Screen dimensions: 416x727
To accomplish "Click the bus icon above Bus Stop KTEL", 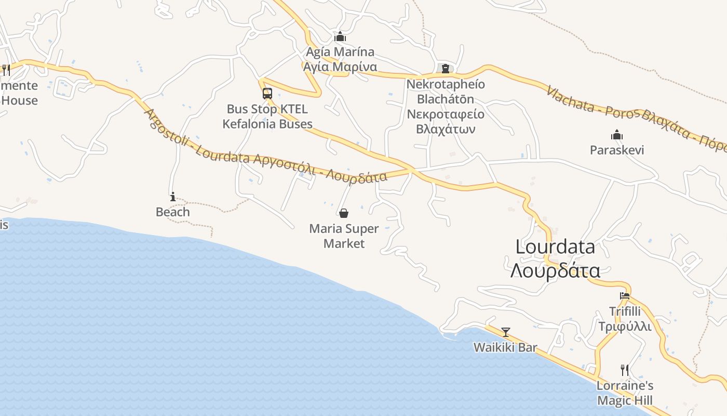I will pyautogui.click(x=267, y=94).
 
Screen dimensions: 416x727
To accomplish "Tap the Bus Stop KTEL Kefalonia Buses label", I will pyautogui.click(x=267, y=116).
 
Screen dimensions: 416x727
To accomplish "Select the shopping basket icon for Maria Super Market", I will pyautogui.click(x=343, y=213).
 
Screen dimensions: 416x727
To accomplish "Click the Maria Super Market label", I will pyautogui.click(x=344, y=236).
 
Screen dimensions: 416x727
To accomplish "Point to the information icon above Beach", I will pyautogui.click(x=173, y=197).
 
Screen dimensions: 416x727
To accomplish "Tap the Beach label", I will pyautogui.click(x=173, y=212).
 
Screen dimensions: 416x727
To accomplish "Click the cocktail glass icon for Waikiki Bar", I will pyautogui.click(x=505, y=332).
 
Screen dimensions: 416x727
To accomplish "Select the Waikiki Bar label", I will pyautogui.click(x=505, y=347).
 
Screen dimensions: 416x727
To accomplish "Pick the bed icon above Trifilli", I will pyautogui.click(x=625, y=296).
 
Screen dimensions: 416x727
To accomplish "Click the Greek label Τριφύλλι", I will pyautogui.click(x=625, y=327).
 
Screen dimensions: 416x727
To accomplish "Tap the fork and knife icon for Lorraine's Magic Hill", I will pyautogui.click(x=625, y=370).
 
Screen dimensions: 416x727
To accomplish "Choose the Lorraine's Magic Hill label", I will pyautogui.click(x=625, y=393).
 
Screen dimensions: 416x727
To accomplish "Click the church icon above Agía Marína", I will pyautogui.click(x=340, y=37).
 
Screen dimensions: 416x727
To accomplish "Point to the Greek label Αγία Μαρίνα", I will pyautogui.click(x=340, y=67).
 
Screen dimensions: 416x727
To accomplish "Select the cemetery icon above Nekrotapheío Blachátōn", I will pyautogui.click(x=445, y=68).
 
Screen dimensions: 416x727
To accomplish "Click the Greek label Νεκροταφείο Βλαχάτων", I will pyautogui.click(x=446, y=122).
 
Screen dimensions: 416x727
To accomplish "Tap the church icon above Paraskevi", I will pyautogui.click(x=617, y=135).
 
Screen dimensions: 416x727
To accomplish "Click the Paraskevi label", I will pyautogui.click(x=617, y=150).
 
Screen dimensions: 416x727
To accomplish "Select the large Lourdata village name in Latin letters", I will pyautogui.click(x=555, y=247).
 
